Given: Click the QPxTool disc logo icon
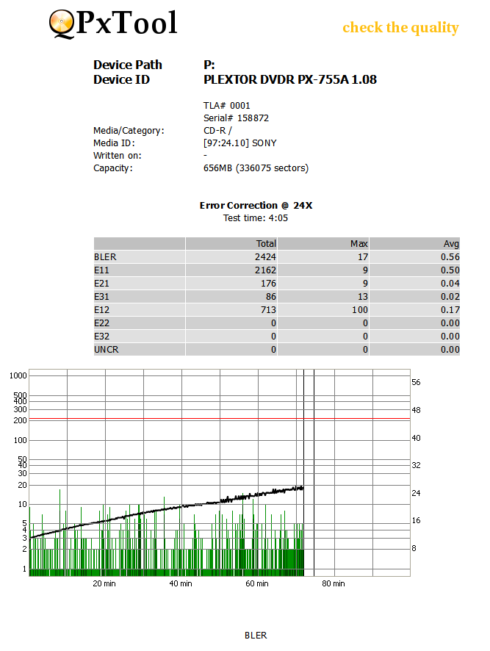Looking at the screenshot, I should (x=62, y=24).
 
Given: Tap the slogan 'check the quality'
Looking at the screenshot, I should (x=400, y=28).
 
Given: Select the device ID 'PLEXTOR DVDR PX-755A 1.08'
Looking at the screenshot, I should (x=289, y=79).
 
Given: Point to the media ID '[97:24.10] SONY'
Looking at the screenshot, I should (x=239, y=143).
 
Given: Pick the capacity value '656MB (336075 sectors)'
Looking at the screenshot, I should (x=256, y=168).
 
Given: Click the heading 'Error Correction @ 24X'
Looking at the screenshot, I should (x=256, y=206).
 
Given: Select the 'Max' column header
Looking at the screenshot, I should (x=359, y=244).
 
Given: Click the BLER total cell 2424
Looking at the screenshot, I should (x=266, y=257).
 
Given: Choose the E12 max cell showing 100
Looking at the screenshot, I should (x=359, y=310).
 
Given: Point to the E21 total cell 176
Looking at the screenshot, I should (x=268, y=284).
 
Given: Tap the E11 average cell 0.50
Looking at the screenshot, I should (x=450, y=270).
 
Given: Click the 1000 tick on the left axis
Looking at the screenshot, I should (x=18, y=375).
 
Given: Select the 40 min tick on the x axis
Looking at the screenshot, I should (x=180, y=584).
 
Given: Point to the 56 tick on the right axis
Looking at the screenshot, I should (x=416, y=383).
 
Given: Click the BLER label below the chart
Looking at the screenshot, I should (x=256, y=636).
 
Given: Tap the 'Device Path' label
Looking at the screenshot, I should (x=128, y=65).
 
